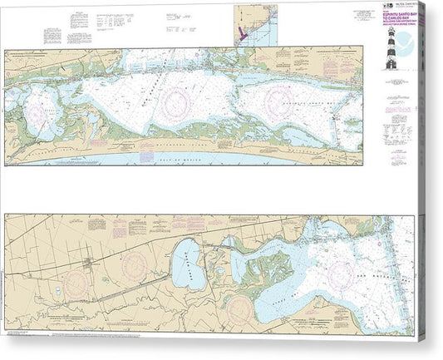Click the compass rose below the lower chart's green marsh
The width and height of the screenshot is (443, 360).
click(242, 306)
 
